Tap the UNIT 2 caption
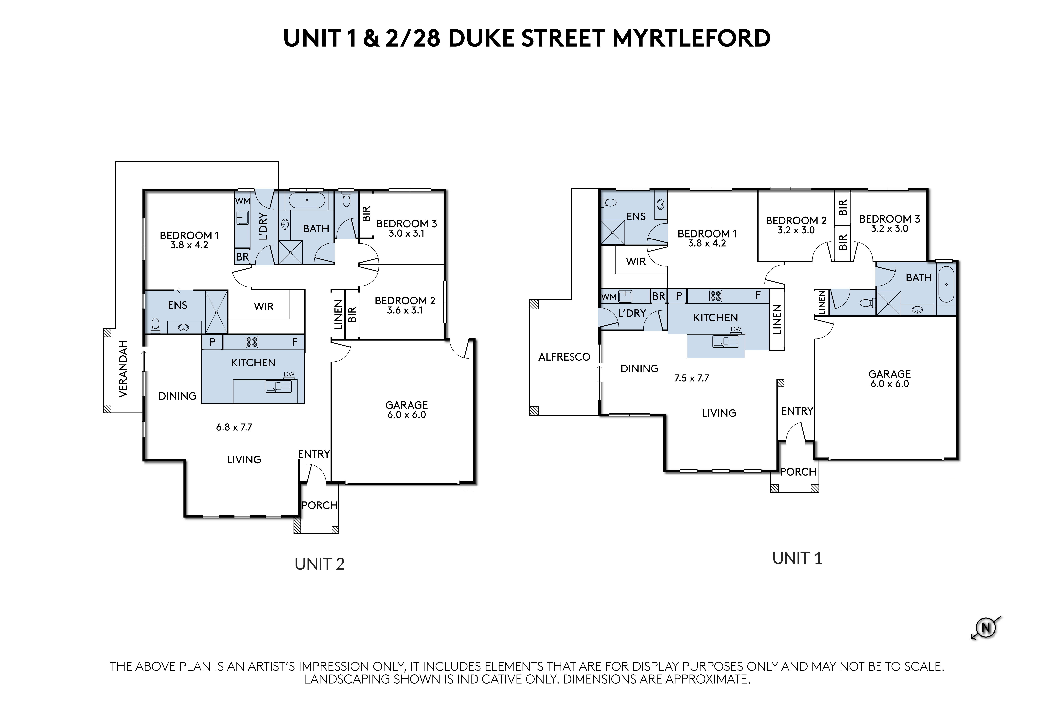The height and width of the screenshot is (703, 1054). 319,564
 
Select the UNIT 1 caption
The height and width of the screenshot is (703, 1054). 797,558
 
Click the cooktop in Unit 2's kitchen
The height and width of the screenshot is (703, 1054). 252,342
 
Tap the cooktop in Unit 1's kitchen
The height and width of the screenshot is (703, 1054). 716,296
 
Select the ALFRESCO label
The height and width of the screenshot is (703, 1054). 564,357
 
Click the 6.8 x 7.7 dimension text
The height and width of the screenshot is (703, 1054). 234,427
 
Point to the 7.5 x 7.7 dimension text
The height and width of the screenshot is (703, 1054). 691,378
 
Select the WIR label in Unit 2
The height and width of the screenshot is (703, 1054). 264,307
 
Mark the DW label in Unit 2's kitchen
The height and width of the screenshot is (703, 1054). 289,374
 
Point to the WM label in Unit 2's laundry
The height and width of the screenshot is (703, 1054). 243,201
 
